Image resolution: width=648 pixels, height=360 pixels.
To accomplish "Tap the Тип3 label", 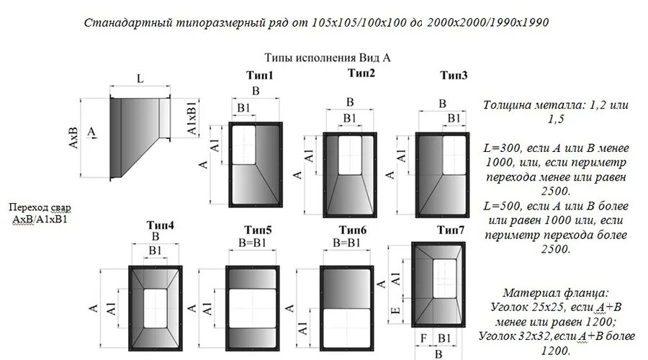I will click(454, 76).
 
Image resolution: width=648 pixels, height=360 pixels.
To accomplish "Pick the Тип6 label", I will click(353, 230).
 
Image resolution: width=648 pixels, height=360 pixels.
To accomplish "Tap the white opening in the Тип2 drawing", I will click(351, 155).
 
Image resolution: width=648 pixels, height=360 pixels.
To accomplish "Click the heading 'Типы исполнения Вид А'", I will click(331, 56).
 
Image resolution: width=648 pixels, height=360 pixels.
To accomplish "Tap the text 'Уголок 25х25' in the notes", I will click(516, 307).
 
